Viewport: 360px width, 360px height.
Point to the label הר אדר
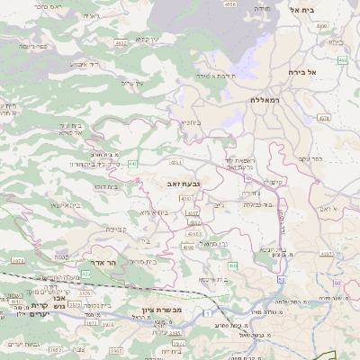[x=105, y=262]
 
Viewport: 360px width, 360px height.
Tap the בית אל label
[x=306, y=9]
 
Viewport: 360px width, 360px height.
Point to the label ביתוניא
[x=190, y=121]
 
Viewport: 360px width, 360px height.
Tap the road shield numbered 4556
[x=229, y=4]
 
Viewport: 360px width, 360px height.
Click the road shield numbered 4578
[x=324, y=117]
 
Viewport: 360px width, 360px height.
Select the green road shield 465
[x=342, y=60]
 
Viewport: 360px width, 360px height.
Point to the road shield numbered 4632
[x=121, y=42]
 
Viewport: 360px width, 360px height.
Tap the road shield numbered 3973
[x=17, y=261]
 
